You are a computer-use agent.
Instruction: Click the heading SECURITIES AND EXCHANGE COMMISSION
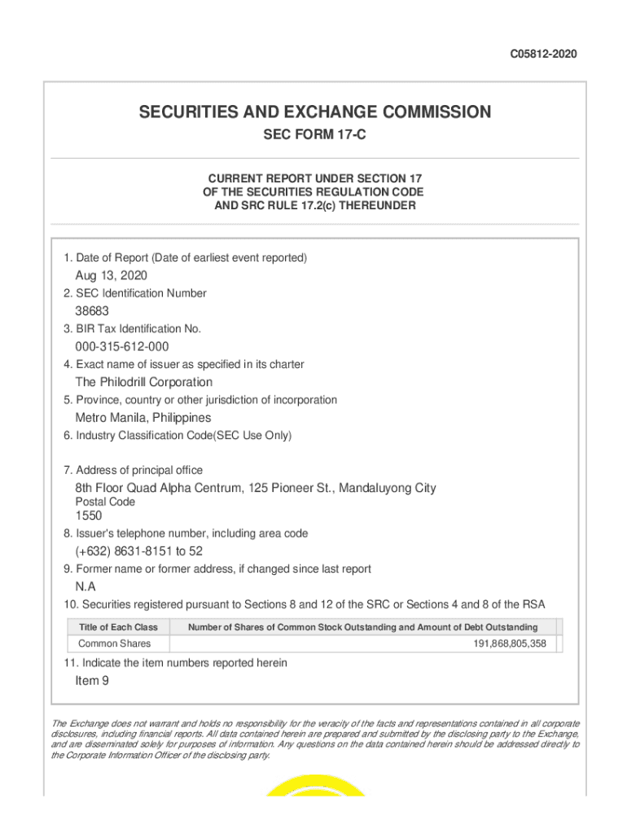pyautogui.click(x=314, y=112)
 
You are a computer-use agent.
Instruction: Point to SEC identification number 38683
pyautogui.click(x=92, y=311)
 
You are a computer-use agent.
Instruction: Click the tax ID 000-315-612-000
pyautogui.click(x=122, y=347)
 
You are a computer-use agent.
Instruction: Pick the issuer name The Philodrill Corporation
pyautogui.click(x=144, y=382)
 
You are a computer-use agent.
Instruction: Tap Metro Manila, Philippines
pyautogui.click(x=143, y=418)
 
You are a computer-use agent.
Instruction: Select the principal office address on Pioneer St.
pyautogui.click(x=256, y=488)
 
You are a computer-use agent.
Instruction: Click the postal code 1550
pyautogui.click(x=89, y=516)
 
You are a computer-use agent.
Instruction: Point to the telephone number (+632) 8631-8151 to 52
pyautogui.click(x=139, y=551)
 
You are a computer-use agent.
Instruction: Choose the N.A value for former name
pyautogui.click(x=85, y=586)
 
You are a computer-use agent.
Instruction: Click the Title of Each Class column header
pyautogui.click(x=118, y=627)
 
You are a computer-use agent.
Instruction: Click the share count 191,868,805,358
pyautogui.click(x=509, y=644)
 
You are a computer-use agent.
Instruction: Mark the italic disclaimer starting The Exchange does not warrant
pyautogui.click(x=314, y=739)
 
